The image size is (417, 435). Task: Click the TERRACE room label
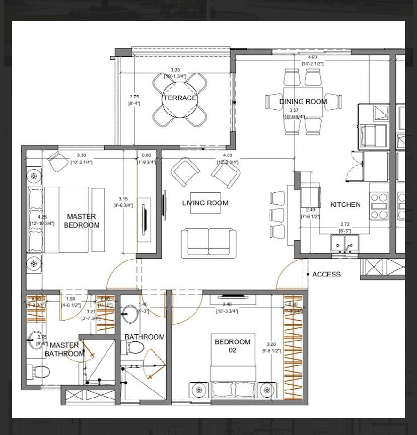point(179,98)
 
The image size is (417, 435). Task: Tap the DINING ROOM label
point(303,102)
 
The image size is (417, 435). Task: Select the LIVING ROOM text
point(205,203)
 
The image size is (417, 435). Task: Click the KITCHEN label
point(345,204)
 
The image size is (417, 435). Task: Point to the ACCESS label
point(326,274)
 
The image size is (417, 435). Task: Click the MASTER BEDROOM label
point(82,221)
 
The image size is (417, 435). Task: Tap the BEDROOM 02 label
point(233,346)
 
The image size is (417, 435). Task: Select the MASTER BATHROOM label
point(64,349)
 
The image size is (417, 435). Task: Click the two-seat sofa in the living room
point(208,243)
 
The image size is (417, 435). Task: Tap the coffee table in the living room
point(205,203)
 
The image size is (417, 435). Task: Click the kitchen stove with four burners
point(379,205)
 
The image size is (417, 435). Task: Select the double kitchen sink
point(345,244)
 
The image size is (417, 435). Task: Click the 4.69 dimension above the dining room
point(312,57)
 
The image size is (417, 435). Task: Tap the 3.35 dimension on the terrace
point(175,69)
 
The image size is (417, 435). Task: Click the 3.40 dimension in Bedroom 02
point(227,305)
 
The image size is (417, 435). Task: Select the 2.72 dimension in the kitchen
point(345,225)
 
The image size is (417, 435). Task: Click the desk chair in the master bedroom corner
point(58,161)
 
